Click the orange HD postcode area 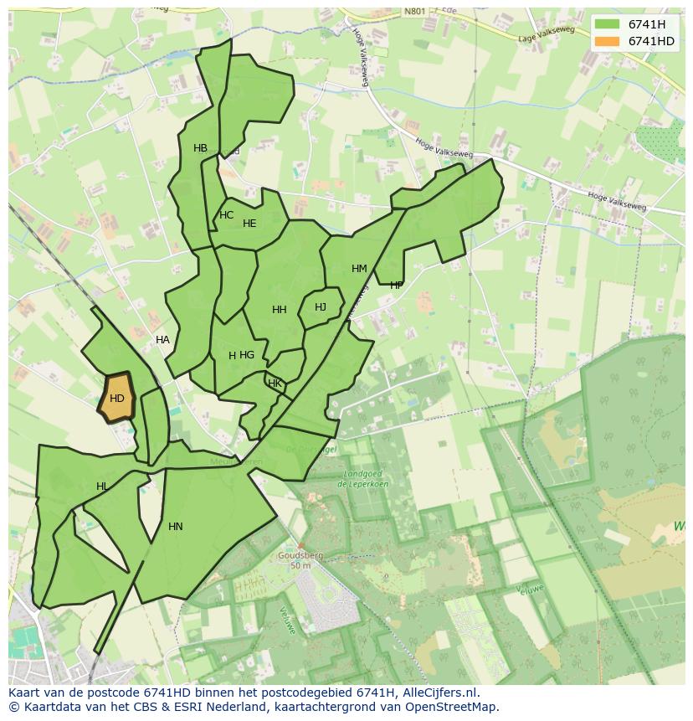(x=116, y=398)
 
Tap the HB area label (x=200, y=148)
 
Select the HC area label (x=226, y=215)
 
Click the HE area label (x=249, y=224)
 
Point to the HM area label (x=359, y=269)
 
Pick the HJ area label (x=321, y=307)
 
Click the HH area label (x=280, y=310)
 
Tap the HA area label (x=162, y=340)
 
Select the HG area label (x=247, y=355)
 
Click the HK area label (x=275, y=384)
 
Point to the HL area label (x=101, y=487)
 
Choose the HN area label (x=175, y=527)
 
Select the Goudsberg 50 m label (x=300, y=560)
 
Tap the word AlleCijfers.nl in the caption (x=437, y=693)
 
